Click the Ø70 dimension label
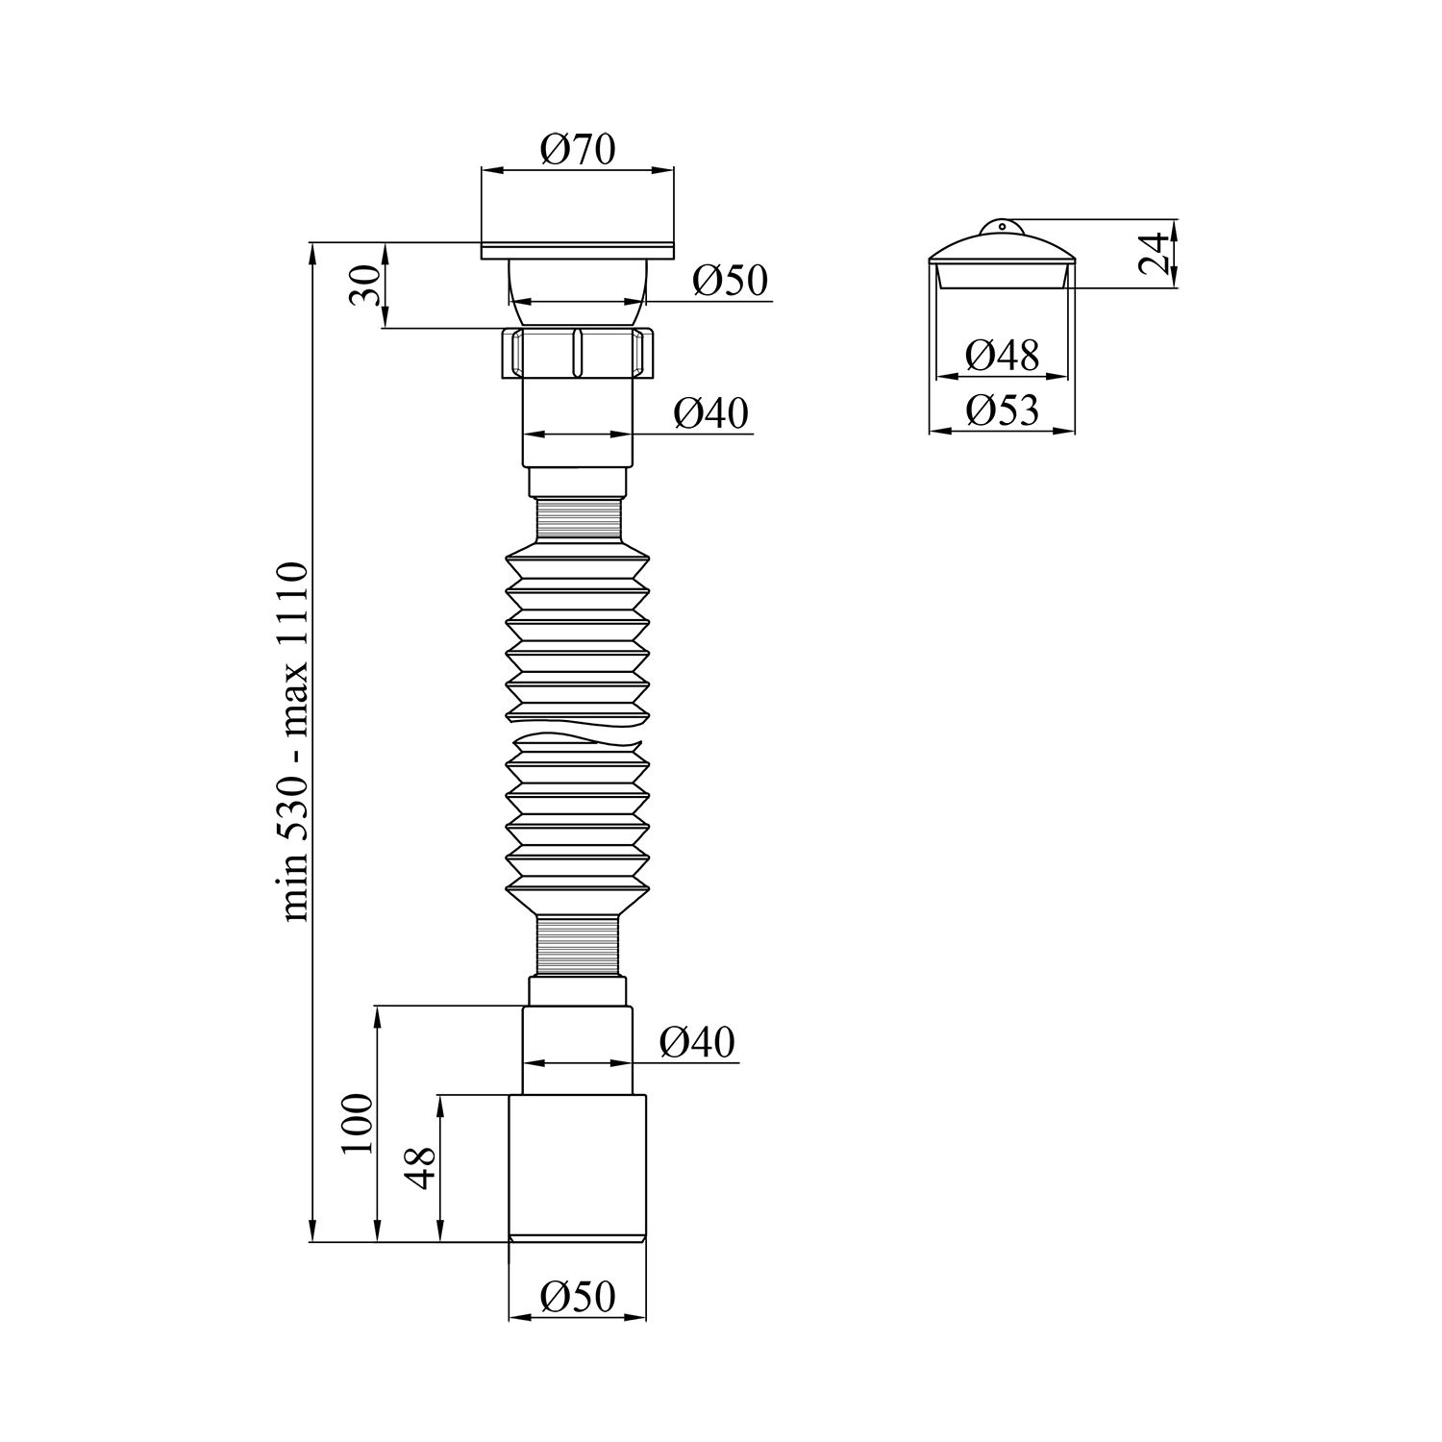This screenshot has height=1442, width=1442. point(577,150)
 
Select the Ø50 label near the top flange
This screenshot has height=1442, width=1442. point(730,281)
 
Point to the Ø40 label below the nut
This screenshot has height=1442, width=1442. point(710,413)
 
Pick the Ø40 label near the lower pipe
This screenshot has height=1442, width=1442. point(697,1042)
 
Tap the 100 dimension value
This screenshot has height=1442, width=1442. point(357,1124)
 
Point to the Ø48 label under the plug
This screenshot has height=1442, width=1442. point(1002,356)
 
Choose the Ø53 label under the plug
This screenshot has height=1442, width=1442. point(1002,411)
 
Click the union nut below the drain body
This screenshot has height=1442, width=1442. point(578,354)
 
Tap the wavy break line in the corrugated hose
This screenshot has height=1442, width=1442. point(578,740)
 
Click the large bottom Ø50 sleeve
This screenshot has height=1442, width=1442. point(578,1168)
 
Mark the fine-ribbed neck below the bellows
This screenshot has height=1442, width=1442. point(578,947)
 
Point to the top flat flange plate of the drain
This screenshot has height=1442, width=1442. point(578,253)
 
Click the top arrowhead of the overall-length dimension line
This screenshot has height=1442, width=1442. point(312,252)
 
